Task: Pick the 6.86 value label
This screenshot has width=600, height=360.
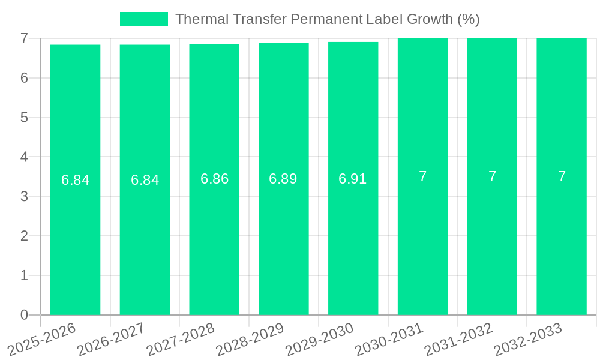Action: point(214,179)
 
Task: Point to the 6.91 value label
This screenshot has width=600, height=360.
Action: point(353,179)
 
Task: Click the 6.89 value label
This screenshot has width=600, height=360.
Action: point(283,179)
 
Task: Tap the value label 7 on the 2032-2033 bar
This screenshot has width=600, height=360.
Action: point(562,176)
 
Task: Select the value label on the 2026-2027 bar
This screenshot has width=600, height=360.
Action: point(145,180)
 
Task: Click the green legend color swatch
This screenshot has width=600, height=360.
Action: point(144,19)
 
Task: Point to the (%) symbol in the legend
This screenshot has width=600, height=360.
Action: point(468,19)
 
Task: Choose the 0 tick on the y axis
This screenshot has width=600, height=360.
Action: point(25,315)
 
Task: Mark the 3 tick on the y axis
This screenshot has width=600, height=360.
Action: point(25,196)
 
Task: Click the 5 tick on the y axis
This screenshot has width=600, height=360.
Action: point(25,118)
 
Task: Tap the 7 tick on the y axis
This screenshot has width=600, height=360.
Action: point(25,38)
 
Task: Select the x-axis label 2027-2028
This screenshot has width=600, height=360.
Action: point(181,340)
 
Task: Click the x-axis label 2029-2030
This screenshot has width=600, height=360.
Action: point(320,340)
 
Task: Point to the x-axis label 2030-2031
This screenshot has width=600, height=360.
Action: point(389,340)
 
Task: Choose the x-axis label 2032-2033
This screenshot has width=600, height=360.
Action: point(528,340)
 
